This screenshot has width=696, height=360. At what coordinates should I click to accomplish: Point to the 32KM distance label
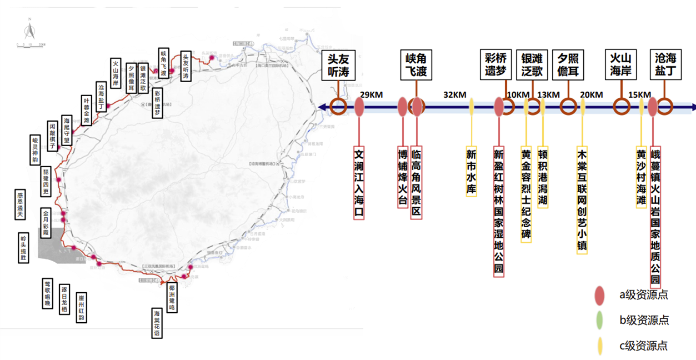[455, 94]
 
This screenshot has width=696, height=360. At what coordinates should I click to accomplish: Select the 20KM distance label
[592, 94]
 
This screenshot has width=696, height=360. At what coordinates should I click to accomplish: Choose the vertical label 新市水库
[472, 172]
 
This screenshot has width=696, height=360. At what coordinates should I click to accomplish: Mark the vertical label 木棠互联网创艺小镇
[582, 201]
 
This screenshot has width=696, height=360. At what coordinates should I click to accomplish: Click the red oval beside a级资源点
[599, 294]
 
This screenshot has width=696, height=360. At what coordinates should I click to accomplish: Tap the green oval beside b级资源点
[599, 320]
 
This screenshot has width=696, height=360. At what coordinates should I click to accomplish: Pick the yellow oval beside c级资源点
[599, 346]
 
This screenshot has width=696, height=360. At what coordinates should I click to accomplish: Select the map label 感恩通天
[21, 205]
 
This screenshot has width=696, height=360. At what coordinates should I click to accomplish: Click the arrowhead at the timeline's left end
[322, 107]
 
